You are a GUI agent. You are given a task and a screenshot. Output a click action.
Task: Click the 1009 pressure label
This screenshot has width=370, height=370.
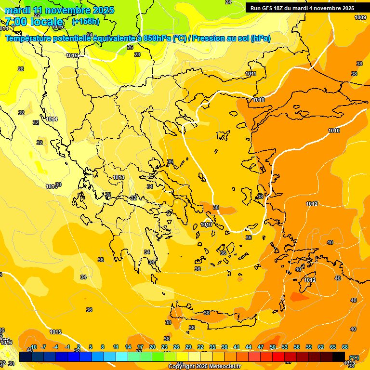tap(360, 17)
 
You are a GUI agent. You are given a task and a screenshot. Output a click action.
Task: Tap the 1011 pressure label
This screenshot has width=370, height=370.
tap(251, 74)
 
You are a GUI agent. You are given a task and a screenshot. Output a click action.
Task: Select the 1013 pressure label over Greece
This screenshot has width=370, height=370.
tap(119, 178)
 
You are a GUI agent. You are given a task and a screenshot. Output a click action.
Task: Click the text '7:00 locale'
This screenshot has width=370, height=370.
tap(34, 22)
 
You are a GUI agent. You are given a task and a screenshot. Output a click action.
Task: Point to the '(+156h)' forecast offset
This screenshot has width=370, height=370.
tap(86, 22)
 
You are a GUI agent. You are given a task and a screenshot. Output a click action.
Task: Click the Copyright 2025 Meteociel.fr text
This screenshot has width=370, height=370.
tap(204, 366)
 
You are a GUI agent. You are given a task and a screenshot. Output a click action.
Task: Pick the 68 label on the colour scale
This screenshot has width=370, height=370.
tap(345, 347)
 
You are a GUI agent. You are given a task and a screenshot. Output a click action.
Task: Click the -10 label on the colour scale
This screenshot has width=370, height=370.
tap(34, 347)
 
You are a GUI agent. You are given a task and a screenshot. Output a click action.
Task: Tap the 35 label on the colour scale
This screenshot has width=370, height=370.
tap(212, 347)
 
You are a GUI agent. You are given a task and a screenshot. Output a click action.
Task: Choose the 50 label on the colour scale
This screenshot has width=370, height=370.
tap(273, 347)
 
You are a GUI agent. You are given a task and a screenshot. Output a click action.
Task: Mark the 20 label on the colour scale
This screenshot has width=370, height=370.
tap(152, 347)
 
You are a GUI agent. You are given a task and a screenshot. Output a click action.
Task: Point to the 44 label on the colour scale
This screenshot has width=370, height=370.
tap(249, 347)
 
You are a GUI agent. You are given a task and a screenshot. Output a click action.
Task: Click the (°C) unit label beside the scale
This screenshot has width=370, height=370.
tap(354, 357)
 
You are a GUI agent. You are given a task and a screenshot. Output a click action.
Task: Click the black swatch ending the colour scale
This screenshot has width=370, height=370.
tap(339, 357)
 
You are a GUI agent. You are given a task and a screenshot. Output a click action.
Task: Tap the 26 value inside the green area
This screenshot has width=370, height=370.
tap(130, 47)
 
